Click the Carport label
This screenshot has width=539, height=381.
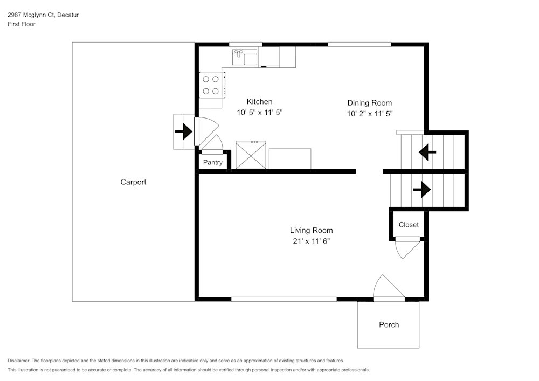[x=133, y=182]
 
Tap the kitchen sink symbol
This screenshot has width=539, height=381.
[x=245, y=57]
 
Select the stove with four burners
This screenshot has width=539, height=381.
[x=211, y=85]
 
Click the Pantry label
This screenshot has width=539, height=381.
[x=212, y=162]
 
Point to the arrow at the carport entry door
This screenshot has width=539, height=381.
[x=184, y=131]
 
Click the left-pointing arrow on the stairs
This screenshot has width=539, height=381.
[x=428, y=153]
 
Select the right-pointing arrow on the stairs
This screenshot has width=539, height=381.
[x=421, y=190]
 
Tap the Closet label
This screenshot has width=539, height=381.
[x=409, y=225]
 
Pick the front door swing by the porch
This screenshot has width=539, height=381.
[x=388, y=287]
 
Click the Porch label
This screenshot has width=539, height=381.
[x=389, y=324]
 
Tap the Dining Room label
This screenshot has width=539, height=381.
[x=369, y=103]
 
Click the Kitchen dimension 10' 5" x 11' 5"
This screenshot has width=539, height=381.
[x=260, y=113]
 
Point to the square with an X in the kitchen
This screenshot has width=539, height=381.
[x=251, y=156]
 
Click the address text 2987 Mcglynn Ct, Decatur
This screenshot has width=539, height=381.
[x=43, y=15]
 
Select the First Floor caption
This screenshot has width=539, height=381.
[x=22, y=24]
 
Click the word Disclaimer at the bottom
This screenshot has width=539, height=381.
[x=19, y=361]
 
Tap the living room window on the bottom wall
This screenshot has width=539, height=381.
[x=284, y=299]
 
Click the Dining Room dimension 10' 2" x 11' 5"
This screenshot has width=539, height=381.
[x=369, y=114]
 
